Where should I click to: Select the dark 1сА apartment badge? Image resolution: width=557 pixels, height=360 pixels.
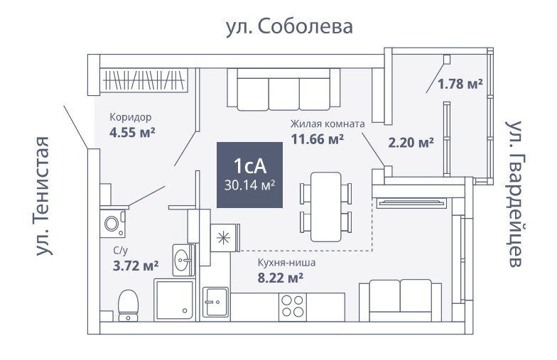pos(249,174)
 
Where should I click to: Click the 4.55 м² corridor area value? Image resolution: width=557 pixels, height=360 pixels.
pos(133,131)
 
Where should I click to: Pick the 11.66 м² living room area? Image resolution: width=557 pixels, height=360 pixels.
pos(318,138)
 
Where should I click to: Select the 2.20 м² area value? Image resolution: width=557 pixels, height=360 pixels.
pos(411,142)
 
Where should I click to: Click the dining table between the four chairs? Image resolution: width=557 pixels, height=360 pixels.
pos(326,206)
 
